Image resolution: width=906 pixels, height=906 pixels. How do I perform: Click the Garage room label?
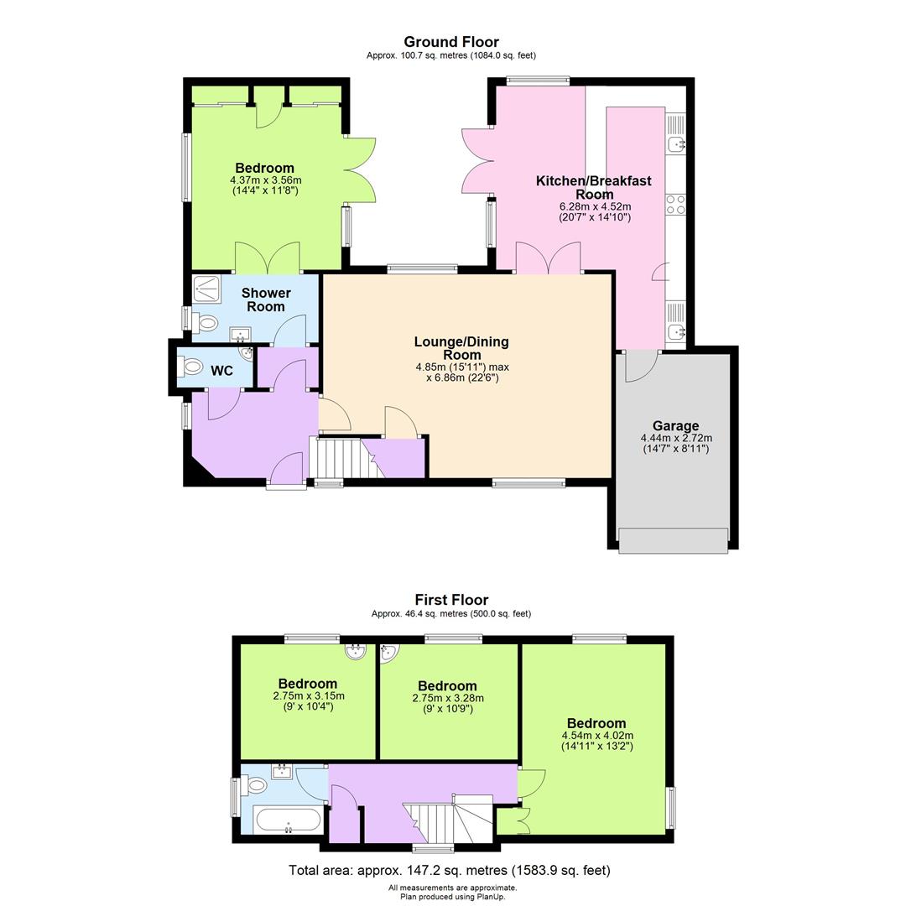pyautogui.click(x=675, y=426)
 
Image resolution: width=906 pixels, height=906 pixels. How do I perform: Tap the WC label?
pyautogui.click(x=221, y=371)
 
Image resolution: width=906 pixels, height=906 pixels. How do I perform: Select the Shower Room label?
pyautogui.click(x=266, y=299)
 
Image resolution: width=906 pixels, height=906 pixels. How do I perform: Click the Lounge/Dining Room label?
pyautogui.click(x=461, y=348)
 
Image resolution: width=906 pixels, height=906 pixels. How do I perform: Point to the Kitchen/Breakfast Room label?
pyautogui.click(x=594, y=187)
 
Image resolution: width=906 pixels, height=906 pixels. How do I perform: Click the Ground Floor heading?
pyautogui.click(x=451, y=42)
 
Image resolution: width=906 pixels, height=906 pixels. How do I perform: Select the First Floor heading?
pyautogui.click(x=451, y=600)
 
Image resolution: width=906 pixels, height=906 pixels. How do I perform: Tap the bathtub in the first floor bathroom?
pyautogui.click(x=287, y=820)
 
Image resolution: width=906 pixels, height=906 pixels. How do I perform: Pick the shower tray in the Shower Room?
pyautogui.click(x=206, y=289)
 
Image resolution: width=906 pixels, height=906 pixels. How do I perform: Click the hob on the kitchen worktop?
pyautogui.click(x=675, y=205)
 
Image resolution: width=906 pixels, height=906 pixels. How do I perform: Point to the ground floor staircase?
pyautogui.click(x=343, y=458)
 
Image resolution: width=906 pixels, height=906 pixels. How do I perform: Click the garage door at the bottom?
pyautogui.click(x=673, y=541)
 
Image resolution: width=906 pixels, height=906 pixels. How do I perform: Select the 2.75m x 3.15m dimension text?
pyautogui.click(x=309, y=695)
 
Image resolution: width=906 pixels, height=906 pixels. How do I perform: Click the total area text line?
pyautogui.click(x=450, y=870)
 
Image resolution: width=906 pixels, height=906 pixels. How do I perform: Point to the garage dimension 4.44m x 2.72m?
pyautogui.click(x=676, y=438)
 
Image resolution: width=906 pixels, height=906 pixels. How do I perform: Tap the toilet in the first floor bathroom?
pyautogui.click(x=254, y=785)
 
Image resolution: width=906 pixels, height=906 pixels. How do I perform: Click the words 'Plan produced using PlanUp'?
pyautogui.click(x=452, y=897)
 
